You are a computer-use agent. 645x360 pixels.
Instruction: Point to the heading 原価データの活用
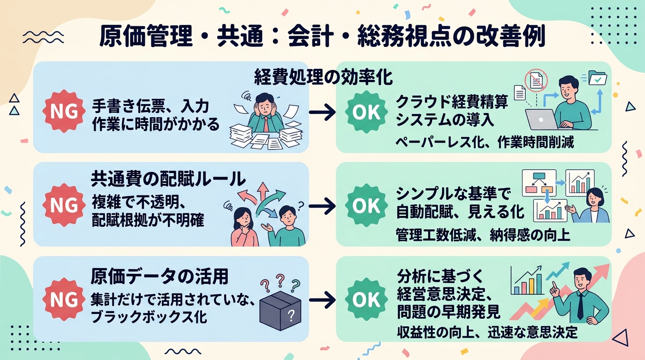[159, 276]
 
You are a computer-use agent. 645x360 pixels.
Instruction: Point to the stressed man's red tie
[266, 124]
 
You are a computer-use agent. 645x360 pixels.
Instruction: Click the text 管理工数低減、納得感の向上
[483, 235]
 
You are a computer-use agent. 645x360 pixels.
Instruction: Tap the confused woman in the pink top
[244, 227]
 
